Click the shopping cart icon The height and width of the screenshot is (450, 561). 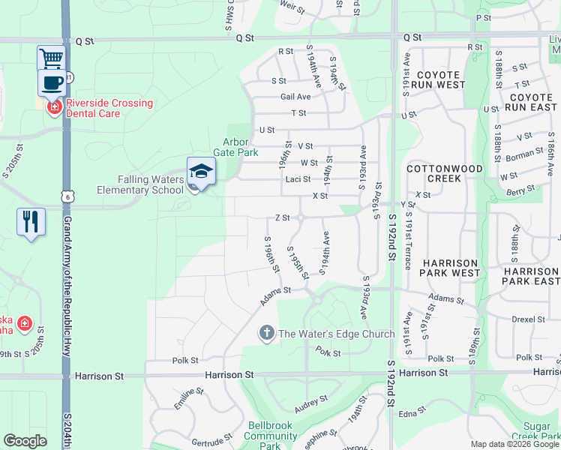(x=51, y=58)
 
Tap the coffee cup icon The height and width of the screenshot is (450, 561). (x=51, y=82)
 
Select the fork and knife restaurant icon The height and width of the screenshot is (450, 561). (x=31, y=221)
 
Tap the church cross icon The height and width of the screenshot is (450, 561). (x=266, y=333)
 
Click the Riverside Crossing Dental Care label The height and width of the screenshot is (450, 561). (x=109, y=108)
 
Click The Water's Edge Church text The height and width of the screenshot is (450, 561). (x=336, y=334)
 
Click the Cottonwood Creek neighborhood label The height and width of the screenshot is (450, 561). (x=443, y=174)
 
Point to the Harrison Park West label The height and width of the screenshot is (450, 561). (x=450, y=268)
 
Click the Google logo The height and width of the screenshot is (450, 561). (x=25, y=440)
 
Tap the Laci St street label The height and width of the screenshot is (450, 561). (x=298, y=180)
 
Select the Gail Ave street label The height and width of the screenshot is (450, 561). (x=295, y=97)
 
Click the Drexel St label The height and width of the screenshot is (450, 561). (x=530, y=319)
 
